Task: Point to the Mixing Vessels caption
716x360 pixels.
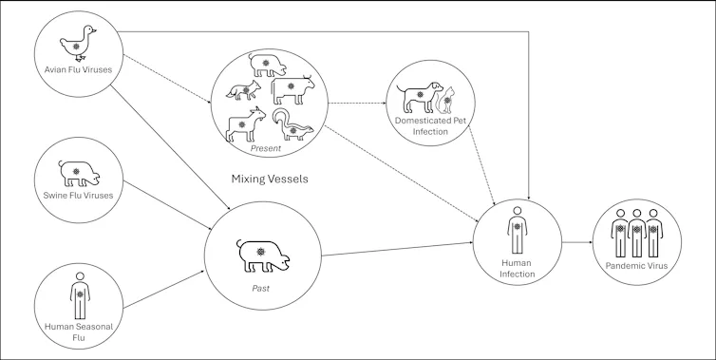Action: tap(269, 178)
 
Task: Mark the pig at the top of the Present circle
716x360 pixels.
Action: tap(262, 63)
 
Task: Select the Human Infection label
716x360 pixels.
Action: tap(517, 268)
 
